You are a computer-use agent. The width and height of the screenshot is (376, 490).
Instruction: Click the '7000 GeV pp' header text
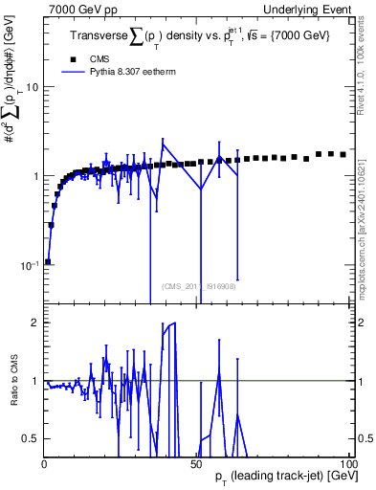click(77, 8)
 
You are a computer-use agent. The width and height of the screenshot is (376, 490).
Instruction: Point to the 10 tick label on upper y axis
click(32, 87)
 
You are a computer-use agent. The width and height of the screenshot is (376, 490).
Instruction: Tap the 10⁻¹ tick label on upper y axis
click(29, 265)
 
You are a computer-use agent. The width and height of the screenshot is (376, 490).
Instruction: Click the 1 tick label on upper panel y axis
click(35, 176)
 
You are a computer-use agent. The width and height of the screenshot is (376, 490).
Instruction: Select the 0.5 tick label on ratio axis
click(31, 438)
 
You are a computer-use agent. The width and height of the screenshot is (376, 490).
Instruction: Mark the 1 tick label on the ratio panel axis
click(35, 381)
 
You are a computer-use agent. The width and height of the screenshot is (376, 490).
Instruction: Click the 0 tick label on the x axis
click(44, 463)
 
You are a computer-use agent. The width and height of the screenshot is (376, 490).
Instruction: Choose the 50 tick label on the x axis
click(196, 463)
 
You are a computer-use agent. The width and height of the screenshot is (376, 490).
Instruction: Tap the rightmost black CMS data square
click(343, 154)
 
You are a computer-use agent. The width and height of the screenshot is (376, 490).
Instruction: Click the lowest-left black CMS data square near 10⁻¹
click(48, 260)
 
